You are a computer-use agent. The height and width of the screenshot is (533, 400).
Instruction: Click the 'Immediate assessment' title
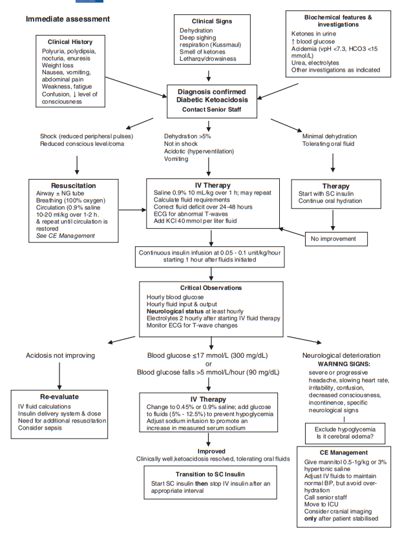[68, 19]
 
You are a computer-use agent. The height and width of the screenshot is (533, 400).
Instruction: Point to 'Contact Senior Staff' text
[213, 110]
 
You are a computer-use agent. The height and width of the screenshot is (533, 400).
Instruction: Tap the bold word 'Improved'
[212, 451]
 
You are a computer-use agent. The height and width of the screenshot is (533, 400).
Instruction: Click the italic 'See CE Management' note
[64, 236]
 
